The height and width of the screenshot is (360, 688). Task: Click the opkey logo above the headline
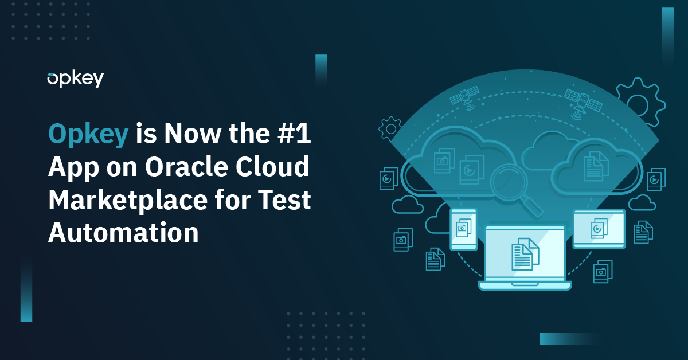click(x=75, y=80)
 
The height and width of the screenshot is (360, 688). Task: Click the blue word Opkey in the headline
click(x=88, y=134)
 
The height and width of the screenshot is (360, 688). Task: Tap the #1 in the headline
click(x=294, y=133)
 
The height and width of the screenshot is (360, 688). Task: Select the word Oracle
click(x=186, y=166)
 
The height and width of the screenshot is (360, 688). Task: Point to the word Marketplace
click(x=128, y=201)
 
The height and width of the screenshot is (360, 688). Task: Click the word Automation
click(x=123, y=233)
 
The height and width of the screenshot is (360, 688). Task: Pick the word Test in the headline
click(x=284, y=199)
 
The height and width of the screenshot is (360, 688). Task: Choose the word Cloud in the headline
click(x=272, y=166)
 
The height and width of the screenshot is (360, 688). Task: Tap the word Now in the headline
click(x=192, y=134)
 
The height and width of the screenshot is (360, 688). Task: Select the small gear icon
click(x=390, y=128)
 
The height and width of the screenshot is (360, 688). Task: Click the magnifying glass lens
click(x=509, y=182)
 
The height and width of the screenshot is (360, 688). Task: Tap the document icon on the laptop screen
click(x=525, y=255)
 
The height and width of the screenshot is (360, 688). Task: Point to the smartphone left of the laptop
click(x=463, y=229)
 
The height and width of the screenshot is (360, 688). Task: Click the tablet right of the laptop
click(x=599, y=229)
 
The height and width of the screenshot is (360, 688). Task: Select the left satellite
click(x=465, y=96)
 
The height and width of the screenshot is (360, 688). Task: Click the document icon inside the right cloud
click(x=596, y=166)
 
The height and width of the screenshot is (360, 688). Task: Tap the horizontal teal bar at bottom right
click(x=570, y=339)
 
